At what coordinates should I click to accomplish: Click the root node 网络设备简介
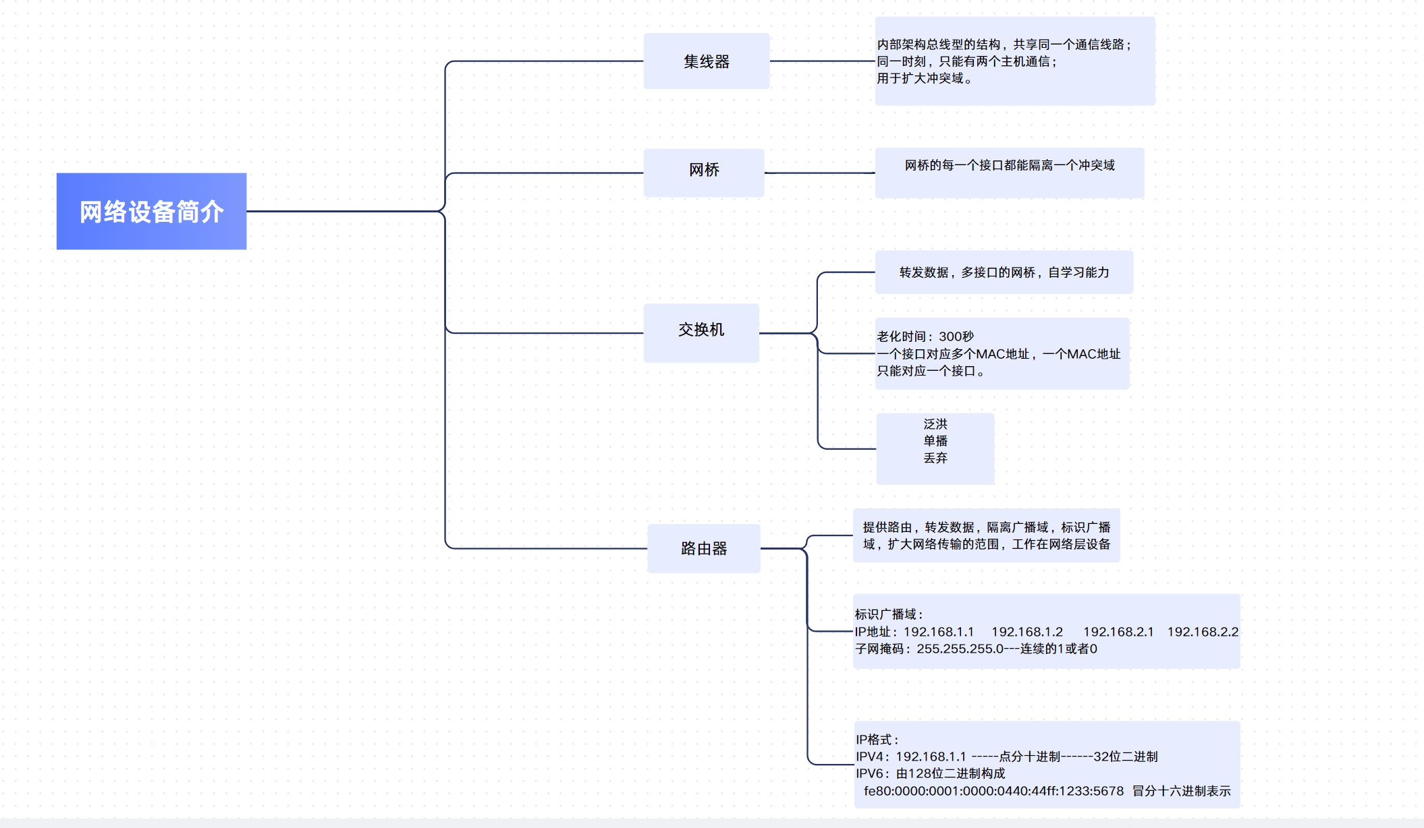pos(151,212)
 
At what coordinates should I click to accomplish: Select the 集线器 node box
pos(706,61)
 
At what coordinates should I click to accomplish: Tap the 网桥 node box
pos(703,173)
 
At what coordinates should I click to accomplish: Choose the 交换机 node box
pos(701,332)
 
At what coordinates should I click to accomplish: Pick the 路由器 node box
pos(703,548)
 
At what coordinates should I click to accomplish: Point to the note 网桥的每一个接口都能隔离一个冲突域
pos(1009,166)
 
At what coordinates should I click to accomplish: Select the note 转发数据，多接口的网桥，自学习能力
pos(1004,272)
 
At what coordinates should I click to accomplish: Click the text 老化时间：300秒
pos(925,336)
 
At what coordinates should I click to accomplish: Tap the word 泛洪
pos(935,424)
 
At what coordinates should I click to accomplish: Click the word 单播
pos(935,441)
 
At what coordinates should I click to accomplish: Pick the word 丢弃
pos(935,458)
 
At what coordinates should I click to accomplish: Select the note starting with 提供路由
pos(986,535)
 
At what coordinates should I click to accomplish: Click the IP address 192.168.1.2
pos(1026,632)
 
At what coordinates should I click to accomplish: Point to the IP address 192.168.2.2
pos(1203,632)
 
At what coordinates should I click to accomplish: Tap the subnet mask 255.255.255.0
pos(959,649)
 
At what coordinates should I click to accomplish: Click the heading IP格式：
pos(877,740)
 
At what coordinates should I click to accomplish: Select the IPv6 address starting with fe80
pos(993,791)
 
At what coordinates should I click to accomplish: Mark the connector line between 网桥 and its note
pos(819,173)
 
